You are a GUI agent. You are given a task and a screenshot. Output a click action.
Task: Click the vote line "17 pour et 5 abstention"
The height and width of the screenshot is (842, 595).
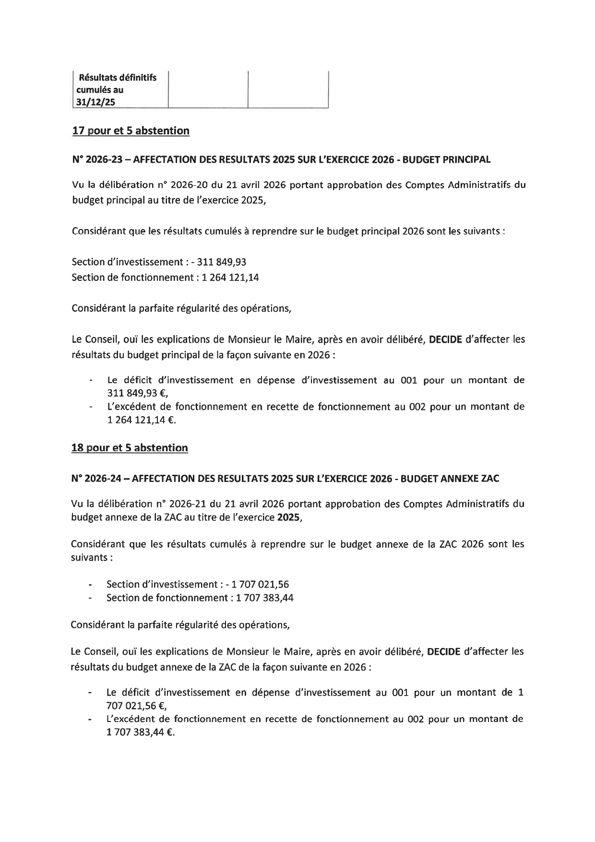[131, 131]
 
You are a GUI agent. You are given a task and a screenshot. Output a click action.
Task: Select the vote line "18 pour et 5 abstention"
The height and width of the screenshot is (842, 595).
[130, 448]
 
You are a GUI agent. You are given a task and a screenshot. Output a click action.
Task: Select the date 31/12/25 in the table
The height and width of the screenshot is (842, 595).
[96, 102]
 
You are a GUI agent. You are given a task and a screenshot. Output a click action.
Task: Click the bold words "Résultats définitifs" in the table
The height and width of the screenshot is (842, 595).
[118, 77]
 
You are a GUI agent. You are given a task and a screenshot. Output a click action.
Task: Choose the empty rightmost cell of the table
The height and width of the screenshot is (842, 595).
[288, 89]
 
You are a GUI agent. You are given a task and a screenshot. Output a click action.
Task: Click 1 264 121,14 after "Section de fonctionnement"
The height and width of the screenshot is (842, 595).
[230, 277]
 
